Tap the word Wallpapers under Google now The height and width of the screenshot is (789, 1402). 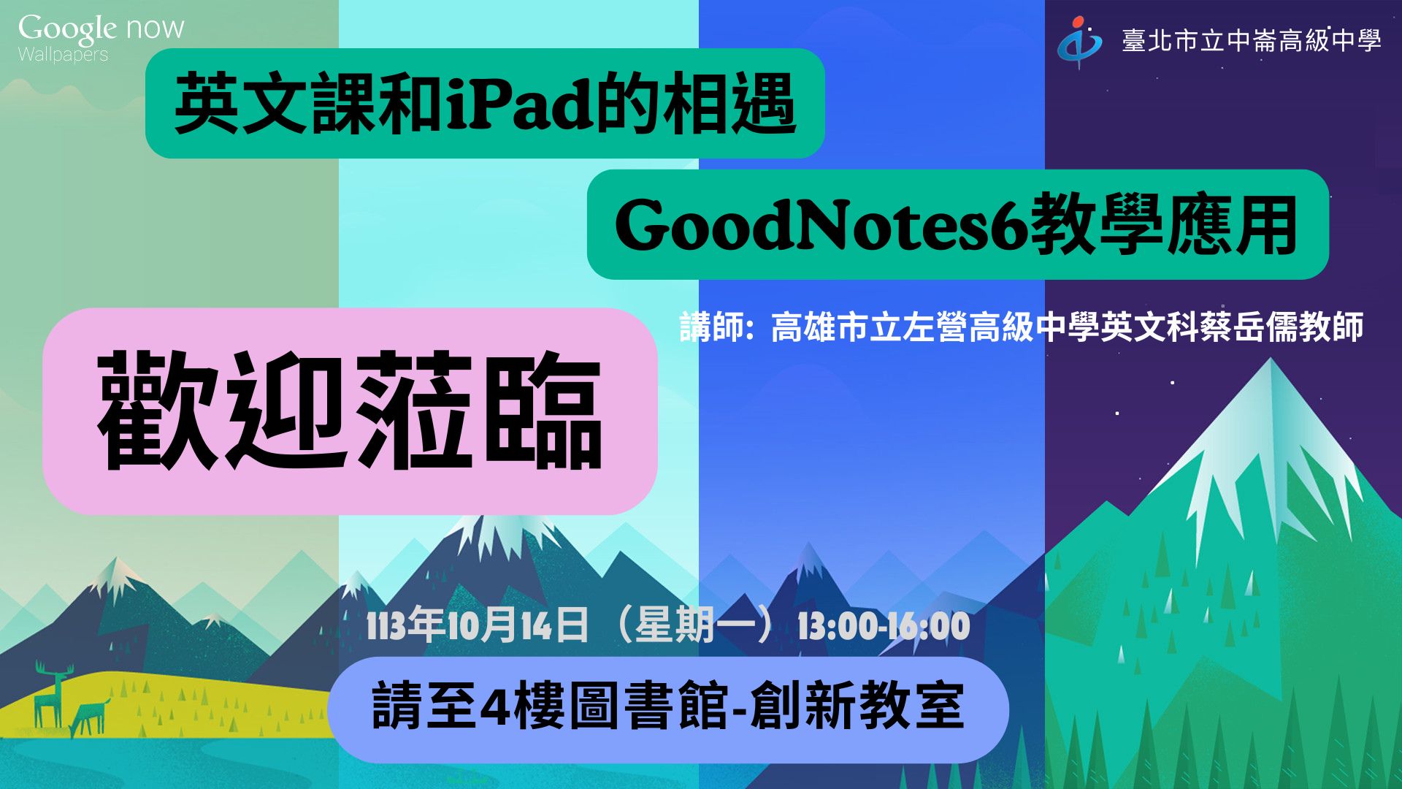[x=63, y=55]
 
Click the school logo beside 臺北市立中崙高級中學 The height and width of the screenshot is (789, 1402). [x=1080, y=42]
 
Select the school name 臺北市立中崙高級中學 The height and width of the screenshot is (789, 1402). [x=1252, y=40]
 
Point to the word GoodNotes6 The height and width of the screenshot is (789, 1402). [x=821, y=224]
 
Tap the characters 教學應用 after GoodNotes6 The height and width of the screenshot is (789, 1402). [x=1164, y=224]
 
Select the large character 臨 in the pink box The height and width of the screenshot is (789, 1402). [x=542, y=410]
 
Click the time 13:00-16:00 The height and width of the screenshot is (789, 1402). [x=884, y=627]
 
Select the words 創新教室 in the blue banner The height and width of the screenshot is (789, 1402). [x=857, y=706]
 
